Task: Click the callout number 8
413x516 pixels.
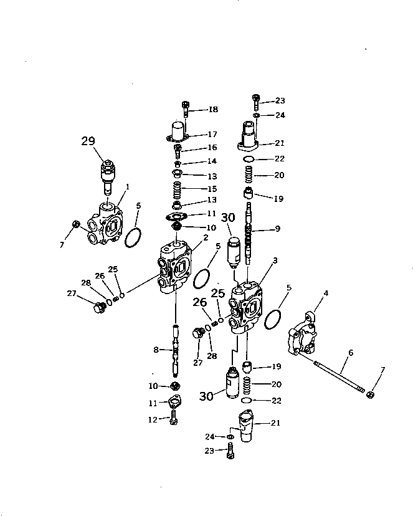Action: click(156, 350)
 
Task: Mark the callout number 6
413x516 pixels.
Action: click(351, 353)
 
